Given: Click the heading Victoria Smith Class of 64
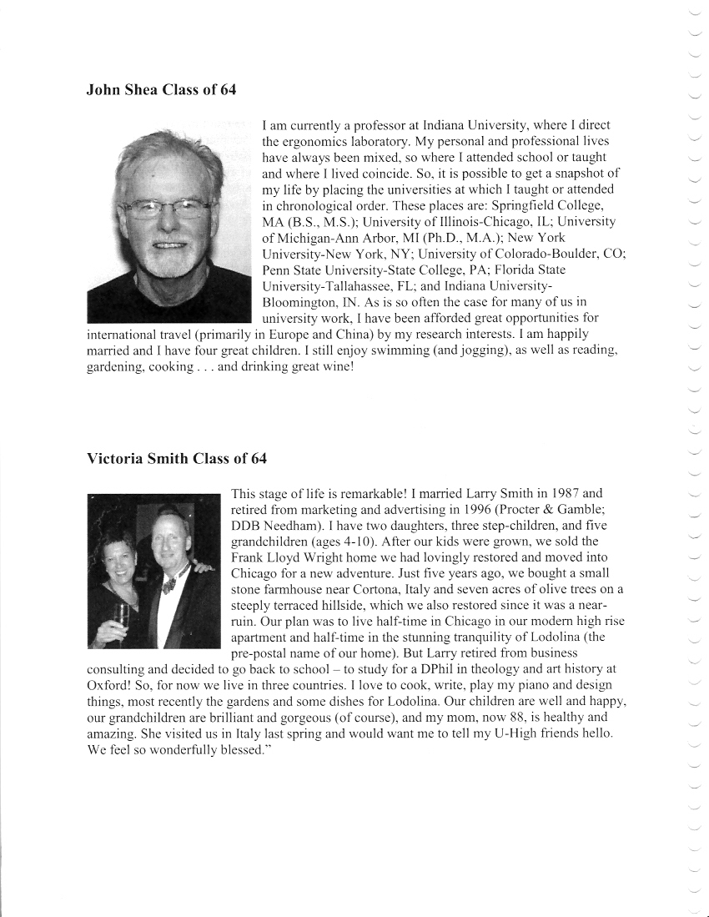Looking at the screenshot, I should pyautogui.click(x=177, y=459).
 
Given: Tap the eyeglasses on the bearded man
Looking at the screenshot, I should pyautogui.click(x=167, y=209).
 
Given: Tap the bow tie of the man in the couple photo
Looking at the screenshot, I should pyautogui.click(x=168, y=583).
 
